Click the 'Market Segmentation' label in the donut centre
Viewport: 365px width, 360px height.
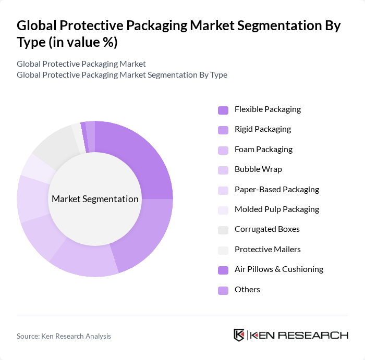tap(95, 199)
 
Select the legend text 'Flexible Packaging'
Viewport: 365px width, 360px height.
tap(267, 109)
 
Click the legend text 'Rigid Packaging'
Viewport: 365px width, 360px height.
tap(263, 129)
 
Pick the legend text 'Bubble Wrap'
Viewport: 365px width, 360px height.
tap(258, 169)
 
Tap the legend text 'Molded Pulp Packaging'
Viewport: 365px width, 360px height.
tap(276, 209)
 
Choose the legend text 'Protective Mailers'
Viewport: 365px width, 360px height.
tap(267, 250)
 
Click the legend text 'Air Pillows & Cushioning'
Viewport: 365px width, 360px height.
tap(279, 269)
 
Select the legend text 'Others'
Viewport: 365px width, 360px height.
tap(247, 290)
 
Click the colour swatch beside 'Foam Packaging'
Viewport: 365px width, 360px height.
tap(223, 150)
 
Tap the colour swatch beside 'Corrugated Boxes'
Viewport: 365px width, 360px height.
tap(223, 230)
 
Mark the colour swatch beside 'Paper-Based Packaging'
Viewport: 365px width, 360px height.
tap(223, 190)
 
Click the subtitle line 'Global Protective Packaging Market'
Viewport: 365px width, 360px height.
tap(81, 64)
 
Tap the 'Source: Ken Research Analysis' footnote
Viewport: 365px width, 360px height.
tap(64, 337)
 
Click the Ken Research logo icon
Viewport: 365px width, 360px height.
tap(239, 335)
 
